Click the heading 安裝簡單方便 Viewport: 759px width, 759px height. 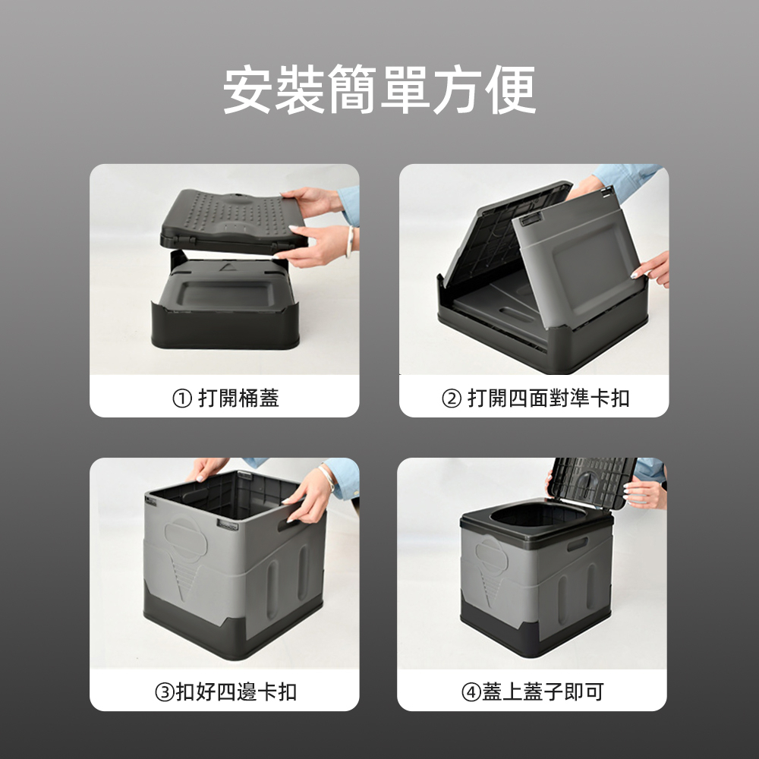click(x=379, y=90)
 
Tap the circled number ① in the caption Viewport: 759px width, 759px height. click(x=182, y=398)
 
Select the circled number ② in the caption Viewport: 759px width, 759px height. click(x=452, y=398)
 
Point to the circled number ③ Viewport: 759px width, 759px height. click(x=165, y=691)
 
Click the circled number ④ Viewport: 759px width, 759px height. click(x=471, y=691)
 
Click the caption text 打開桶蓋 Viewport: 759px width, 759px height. click(x=238, y=398)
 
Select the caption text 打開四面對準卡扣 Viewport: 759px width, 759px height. click(x=549, y=398)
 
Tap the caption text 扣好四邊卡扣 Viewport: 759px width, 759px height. click(x=236, y=691)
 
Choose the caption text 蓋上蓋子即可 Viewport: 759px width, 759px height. click(x=543, y=691)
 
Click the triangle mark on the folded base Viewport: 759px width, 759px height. click(x=226, y=266)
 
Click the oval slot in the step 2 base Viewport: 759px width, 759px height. click(x=517, y=311)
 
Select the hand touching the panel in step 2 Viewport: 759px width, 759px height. click(x=651, y=270)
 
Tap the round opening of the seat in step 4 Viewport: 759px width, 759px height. click(x=538, y=516)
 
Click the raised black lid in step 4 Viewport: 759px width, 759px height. click(x=593, y=482)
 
